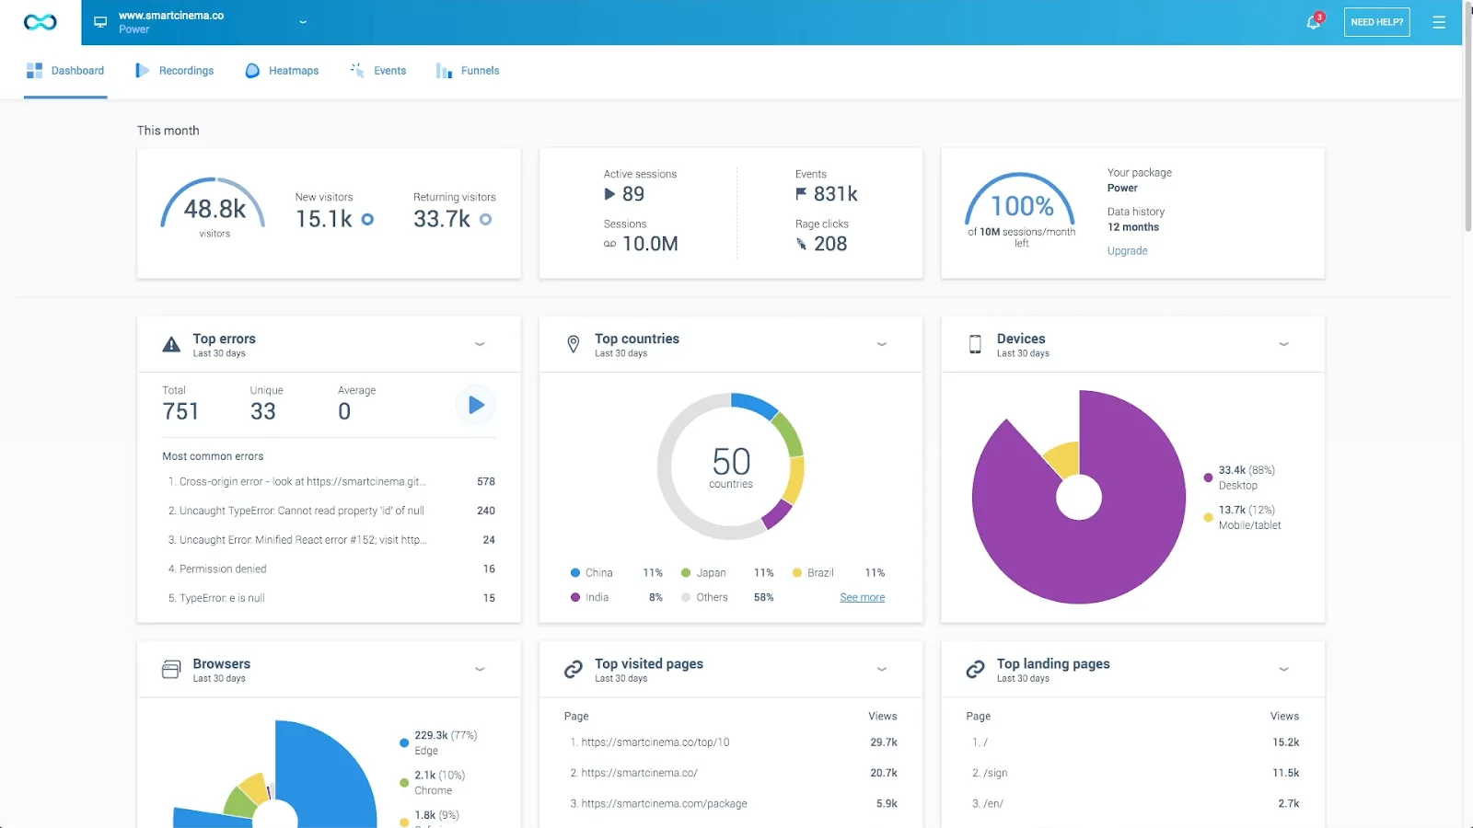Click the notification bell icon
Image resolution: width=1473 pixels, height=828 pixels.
(x=1313, y=22)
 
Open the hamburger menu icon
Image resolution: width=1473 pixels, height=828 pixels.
(x=1439, y=22)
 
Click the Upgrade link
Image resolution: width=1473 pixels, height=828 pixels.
(x=1127, y=250)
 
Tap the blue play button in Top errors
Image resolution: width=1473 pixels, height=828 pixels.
(x=476, y=405)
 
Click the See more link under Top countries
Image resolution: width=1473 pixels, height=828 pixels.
(x=862, y=597)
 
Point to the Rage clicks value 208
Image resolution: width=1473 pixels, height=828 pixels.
(x=829, y=244)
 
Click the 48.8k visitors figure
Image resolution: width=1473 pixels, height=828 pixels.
(x=215, y=210)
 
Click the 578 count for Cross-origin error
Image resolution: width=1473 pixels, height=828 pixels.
(x=486, y=481)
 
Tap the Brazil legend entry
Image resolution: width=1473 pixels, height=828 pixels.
(x=819, y=572)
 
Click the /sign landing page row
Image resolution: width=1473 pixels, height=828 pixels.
(x=994, y=773)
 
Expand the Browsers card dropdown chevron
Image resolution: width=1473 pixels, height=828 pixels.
(x=480, y=669)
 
